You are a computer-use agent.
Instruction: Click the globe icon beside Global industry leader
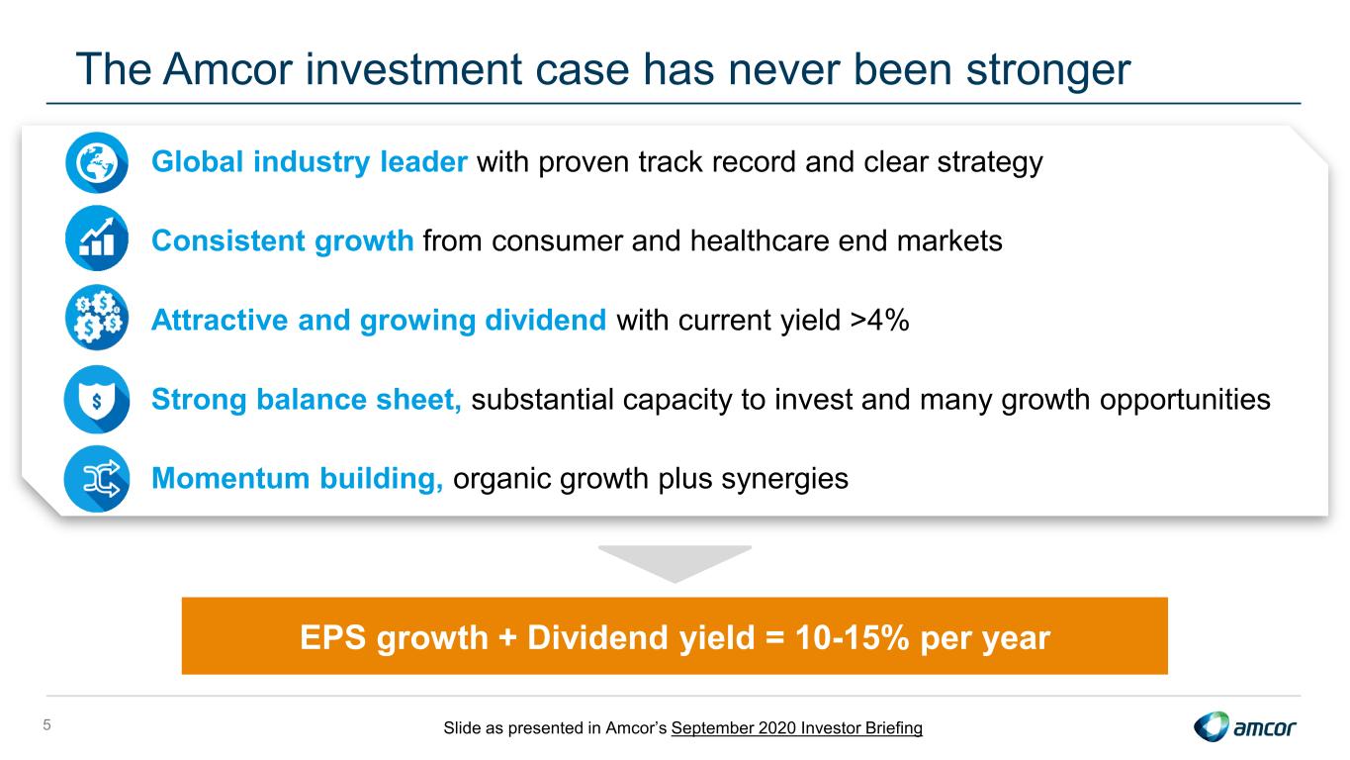(x=97, y=162)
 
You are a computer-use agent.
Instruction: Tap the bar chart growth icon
(x=97, y=238)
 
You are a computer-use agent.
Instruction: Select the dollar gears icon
(x=97, y=318)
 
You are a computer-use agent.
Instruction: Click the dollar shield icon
(x=97, y=400)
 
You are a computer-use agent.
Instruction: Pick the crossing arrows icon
(x=97, y=479)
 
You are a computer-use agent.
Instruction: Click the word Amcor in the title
(x=227, y=69)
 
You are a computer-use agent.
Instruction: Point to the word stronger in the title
(x=1048, y=71)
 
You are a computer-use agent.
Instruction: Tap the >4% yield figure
(x=879, y=320)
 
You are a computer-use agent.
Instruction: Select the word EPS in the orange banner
(x=332, y=637)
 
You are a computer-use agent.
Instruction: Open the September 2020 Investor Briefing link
(x=797, y=728)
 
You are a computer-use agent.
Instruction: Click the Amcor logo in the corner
(x=1245, y=726)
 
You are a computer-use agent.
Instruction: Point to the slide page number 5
(x=47, y=725)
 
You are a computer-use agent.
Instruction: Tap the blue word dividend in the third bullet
(x=545, y=320)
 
